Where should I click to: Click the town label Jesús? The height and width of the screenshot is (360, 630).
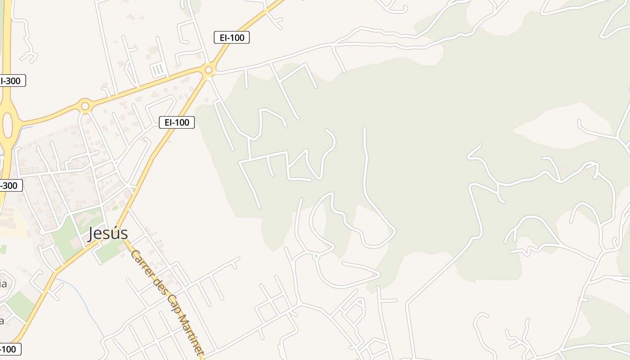[108, 234]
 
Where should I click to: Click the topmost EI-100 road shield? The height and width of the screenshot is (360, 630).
[231, 38]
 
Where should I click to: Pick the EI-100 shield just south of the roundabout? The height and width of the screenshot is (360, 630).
[176, 122]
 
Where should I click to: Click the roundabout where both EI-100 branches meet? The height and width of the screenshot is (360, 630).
[208, 70]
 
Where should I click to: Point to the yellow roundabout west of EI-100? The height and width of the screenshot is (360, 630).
[85, 106]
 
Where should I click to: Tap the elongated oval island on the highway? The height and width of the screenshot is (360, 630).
[8, 125]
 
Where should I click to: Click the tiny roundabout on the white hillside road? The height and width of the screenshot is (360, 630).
[315, 256]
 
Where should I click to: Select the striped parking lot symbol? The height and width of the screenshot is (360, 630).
[158, 70]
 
